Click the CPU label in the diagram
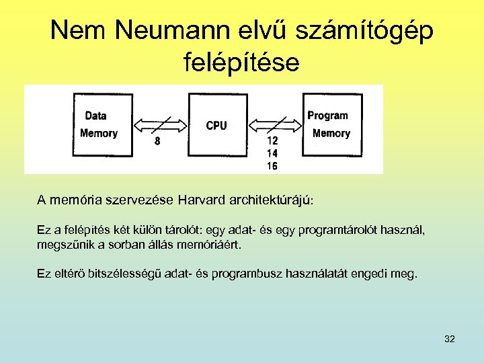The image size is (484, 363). click(216, 125)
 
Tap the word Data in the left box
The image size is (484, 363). click(95, 116)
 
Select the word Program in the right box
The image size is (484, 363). click(327, 116)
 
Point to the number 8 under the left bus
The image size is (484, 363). click(157, 141)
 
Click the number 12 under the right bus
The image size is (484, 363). click(272, 141)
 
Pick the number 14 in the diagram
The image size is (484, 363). click(272, 153)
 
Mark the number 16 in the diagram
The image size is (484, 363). click(272, 165)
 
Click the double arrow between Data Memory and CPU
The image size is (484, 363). click(161, 124)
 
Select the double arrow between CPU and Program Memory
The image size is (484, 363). click(276, 124)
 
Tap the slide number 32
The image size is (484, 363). click(450, 339)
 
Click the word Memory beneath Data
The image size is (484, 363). click(99, 133)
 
